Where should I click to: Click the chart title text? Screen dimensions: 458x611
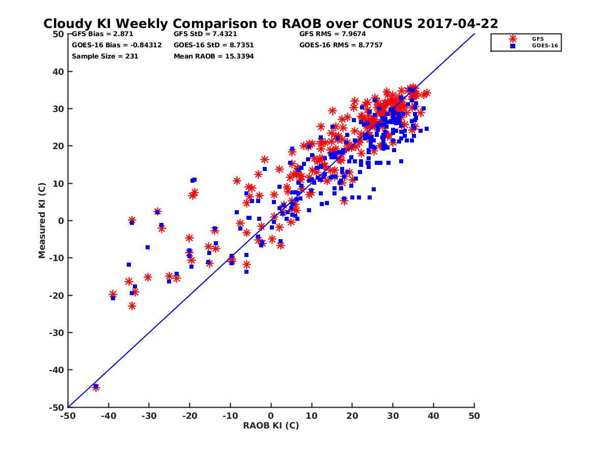270,23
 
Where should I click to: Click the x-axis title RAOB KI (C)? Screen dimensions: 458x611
270,425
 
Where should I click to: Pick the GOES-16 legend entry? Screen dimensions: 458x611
540,46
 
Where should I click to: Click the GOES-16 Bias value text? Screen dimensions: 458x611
117,45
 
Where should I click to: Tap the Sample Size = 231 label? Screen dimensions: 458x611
105,56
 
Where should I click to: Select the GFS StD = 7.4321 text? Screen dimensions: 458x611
205,34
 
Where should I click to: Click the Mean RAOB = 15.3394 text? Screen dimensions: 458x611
213,56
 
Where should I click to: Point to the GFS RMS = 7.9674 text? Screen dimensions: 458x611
332,34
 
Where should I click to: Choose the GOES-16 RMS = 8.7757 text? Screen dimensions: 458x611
341,45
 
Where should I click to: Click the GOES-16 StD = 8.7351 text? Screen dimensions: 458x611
213,45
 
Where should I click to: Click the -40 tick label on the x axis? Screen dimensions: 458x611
108,416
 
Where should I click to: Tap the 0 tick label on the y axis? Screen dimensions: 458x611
61,220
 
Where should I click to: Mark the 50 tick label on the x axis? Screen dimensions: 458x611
474,416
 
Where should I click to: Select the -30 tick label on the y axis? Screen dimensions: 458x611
57,332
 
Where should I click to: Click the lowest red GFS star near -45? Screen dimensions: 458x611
96,387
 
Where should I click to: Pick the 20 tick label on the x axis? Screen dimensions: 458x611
352,416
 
